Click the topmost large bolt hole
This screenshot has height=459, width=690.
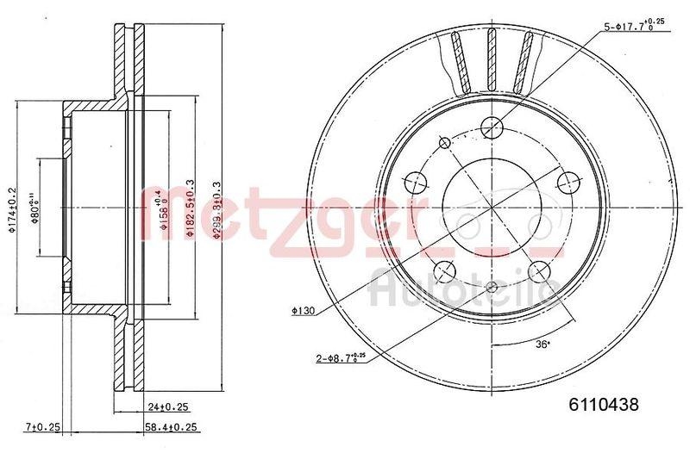tap(492, 127)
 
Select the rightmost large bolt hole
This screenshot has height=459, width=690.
tap(567, 182)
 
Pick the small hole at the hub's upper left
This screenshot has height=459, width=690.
tap(445, 142)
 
